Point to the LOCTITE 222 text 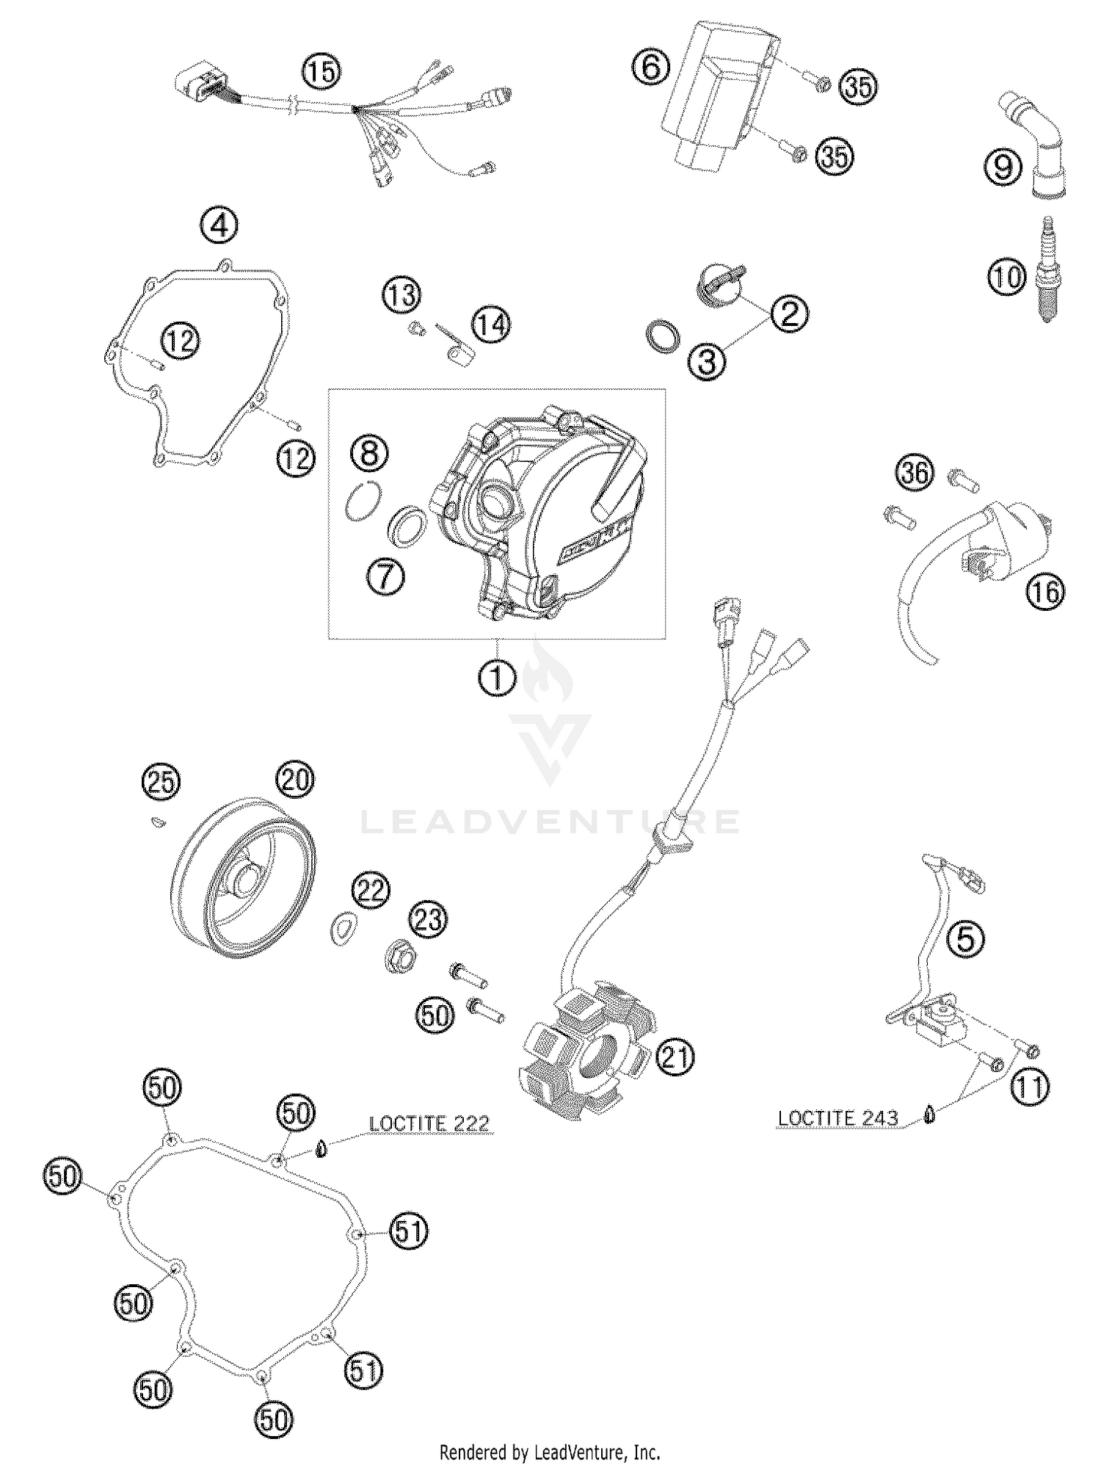tap(429, 1123)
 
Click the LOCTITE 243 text tap(837, 1118)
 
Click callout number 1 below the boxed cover tap(498, 678)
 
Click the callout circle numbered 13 tap(401, 296)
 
